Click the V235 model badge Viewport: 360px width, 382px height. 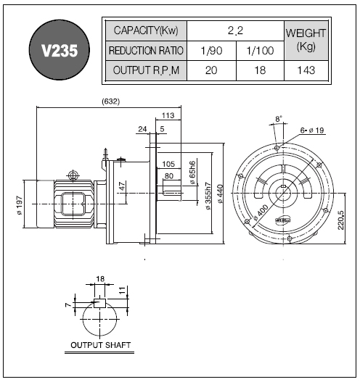tap(60, 50)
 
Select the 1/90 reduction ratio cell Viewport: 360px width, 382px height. tap(211, 51)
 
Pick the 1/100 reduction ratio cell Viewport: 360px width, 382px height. tap(260, 51)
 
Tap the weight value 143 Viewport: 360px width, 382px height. tap(306, 70)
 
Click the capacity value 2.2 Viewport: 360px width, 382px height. tap(235, 30)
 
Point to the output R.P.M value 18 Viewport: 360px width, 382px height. tap(260, 70)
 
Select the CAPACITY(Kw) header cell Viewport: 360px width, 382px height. tap(146, 30)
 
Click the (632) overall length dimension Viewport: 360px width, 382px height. tap(111, 101)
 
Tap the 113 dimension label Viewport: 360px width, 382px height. tap(168, 115)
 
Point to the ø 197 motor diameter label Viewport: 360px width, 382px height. tap(20, 205)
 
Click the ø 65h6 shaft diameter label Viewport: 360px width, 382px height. tap(192, 173)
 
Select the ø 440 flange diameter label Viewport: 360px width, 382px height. tap(220, 194)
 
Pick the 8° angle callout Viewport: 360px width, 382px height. tap(279, 119)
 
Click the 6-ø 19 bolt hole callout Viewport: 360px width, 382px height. tap(312, 130)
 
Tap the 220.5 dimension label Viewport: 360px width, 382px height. tap(341, 220)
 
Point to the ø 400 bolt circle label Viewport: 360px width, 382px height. tap(261, 212)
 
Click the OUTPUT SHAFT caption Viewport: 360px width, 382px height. tap(100, 345)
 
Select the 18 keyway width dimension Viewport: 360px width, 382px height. tap(100, 278)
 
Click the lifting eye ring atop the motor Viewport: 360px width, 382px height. tap(73, 175)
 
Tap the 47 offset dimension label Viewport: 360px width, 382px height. tap(123, 186)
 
